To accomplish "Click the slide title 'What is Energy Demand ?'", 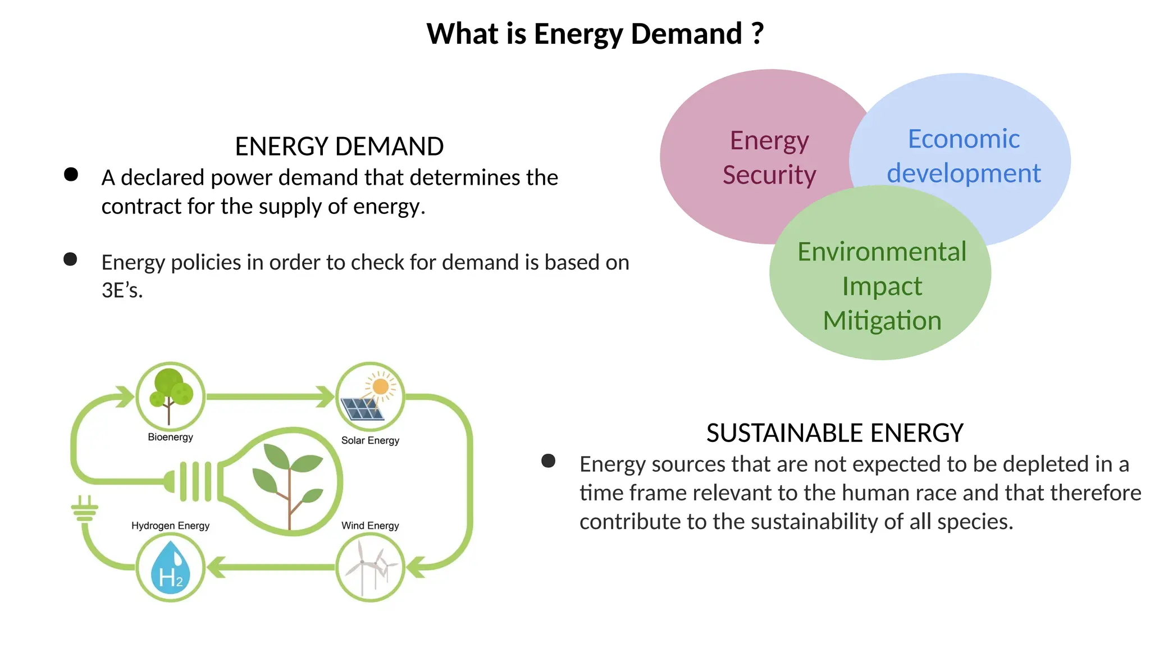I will (595, 34).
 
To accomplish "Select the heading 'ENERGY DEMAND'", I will (339, 147).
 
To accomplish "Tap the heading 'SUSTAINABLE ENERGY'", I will (834, 433).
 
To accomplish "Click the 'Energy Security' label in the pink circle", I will (769, 157).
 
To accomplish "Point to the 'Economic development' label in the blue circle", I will (964, 156).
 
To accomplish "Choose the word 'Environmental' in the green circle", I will (882, 252).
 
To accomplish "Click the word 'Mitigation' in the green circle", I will (882, 321).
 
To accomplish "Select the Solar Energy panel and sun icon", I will (369, 396).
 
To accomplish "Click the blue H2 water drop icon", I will (170, 568).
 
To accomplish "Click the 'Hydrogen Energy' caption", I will (170, 526).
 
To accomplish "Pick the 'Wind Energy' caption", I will (370, 526).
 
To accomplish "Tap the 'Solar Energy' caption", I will (370, 440).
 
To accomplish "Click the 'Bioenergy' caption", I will (170, 437).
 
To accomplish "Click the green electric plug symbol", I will (85, 509).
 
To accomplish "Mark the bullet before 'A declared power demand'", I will (71, 174).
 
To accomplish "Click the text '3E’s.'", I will (122, 290).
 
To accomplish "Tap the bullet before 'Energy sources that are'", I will (548, 461).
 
